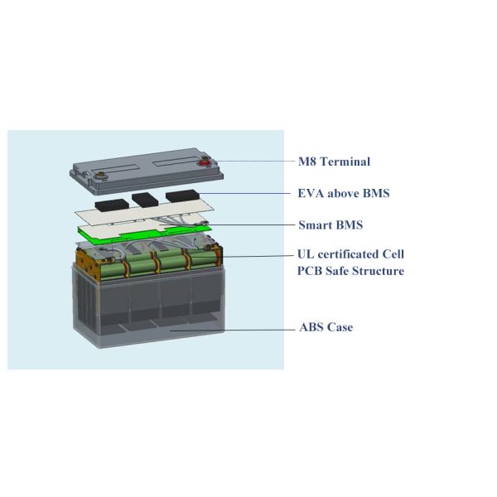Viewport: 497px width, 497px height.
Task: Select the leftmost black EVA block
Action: pos(110,203)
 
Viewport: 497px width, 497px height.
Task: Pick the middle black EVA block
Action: pos(146,200)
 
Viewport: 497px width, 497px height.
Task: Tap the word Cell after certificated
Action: pos(394,254)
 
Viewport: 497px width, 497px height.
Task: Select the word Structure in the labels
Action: pos(377,271)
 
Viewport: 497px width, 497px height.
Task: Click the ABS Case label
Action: pos(326,327)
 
